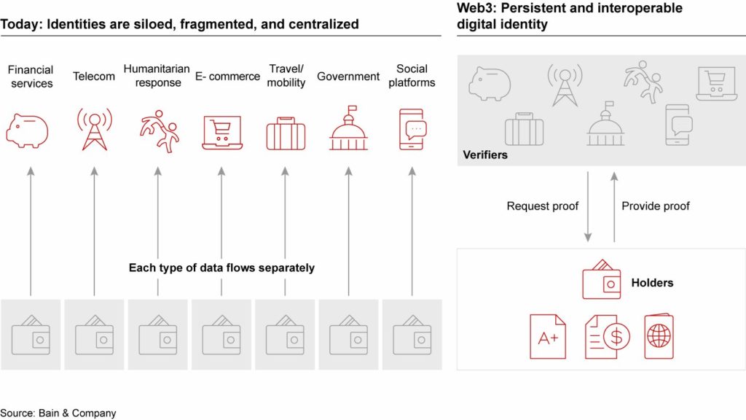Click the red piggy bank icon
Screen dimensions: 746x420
coord(27,130)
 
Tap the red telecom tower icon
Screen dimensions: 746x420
coord(95,129)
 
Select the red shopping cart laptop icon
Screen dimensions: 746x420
coord(222,133)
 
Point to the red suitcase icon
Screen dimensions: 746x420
coord(286,133)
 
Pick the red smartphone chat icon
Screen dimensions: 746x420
coord(412,129)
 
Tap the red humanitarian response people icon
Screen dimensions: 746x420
coord(159,131)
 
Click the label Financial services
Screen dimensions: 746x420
coord(31,76)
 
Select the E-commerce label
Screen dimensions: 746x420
coord(227,76)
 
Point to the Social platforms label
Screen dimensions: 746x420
coord(412,76)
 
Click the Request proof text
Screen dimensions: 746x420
coord(542,206)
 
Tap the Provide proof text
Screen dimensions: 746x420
coord(656,206)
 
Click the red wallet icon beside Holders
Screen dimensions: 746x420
coord(601,279)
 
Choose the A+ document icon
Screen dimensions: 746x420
coord(548,336)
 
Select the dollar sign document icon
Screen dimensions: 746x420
coord(608,336)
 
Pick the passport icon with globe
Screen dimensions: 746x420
coord(659,336)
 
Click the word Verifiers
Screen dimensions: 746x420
coord(485,155)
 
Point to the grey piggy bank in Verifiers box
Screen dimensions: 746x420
coord(490,83)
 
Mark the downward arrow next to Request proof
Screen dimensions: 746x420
coord(588,206)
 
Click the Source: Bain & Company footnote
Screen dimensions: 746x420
coord(58,413)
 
